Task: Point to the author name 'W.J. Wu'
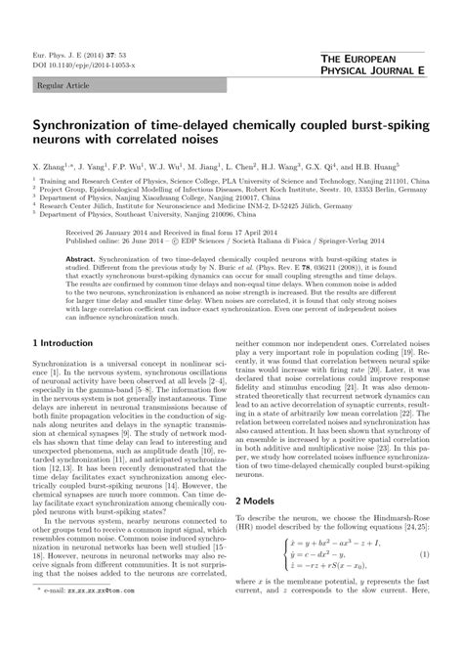coord(170,169)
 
